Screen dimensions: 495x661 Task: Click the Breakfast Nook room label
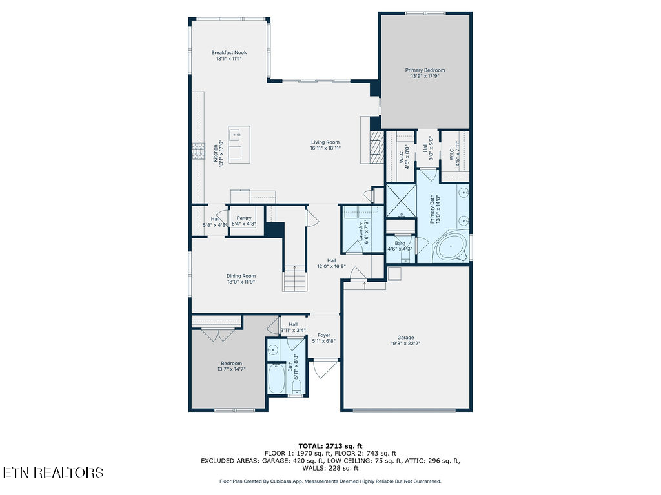click(229, 53)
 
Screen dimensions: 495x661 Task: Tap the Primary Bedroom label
click(425, 70)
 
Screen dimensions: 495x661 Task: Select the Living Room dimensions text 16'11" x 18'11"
click(325, 148)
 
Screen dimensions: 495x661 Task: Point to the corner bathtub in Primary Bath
click(451, 247)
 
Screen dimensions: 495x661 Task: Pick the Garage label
click(405, 338)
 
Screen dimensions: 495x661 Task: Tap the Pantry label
click(244, 218)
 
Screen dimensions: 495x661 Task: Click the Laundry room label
click(361, 231)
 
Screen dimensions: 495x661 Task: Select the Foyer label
click(323, 335)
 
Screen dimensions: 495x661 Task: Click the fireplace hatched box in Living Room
click(376, 148)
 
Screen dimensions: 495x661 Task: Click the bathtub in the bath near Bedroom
click(276, 379)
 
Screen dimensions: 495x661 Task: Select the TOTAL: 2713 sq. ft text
click(330, 446)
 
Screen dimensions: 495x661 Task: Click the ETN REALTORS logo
click(53, 472)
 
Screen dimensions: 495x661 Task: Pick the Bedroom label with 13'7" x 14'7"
click(231, 364)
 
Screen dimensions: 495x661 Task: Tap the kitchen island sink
click(236, 135)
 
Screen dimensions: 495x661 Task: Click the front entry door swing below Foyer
click(323, 369)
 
